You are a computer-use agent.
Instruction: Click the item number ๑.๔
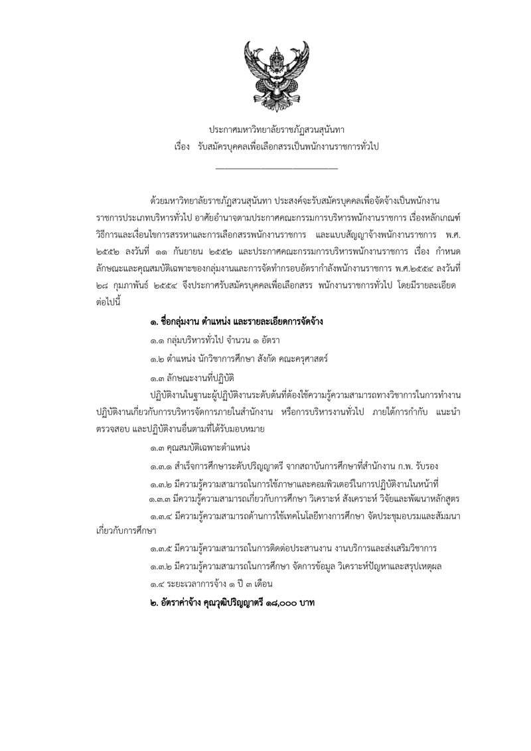coord(157,583)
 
